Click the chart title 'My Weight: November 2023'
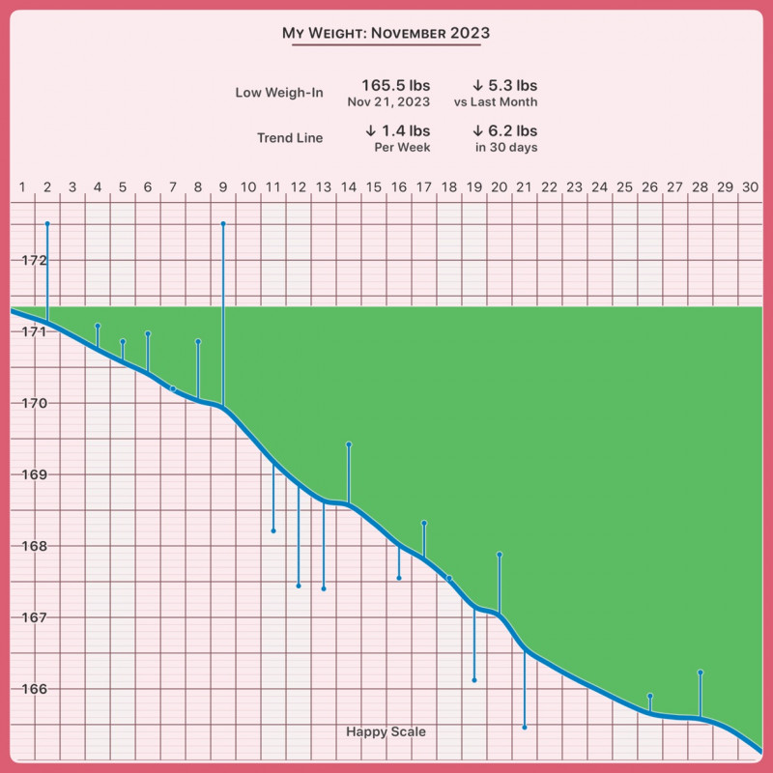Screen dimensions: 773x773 point(386,33)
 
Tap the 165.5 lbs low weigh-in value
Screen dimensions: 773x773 point(395,85)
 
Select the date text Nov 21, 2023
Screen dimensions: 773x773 point(388,101)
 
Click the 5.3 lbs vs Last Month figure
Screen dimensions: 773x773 point(504,85)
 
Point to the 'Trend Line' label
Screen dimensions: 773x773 point(290,138)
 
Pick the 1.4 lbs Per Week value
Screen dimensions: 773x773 point(397,131)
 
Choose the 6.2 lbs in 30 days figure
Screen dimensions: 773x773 point(504,131)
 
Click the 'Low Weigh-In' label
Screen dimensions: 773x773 point(279,93)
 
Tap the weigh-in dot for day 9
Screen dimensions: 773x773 point(223,223)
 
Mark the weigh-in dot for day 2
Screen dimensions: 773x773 point(47,223)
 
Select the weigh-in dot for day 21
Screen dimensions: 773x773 point(525,727)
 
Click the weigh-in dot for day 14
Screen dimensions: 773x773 point(349,444)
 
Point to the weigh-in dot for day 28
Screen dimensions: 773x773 point(701,672)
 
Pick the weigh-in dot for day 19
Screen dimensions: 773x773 point(474,680)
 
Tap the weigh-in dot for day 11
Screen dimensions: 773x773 point(273,530)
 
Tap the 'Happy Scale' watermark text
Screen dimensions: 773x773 point(386,732)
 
